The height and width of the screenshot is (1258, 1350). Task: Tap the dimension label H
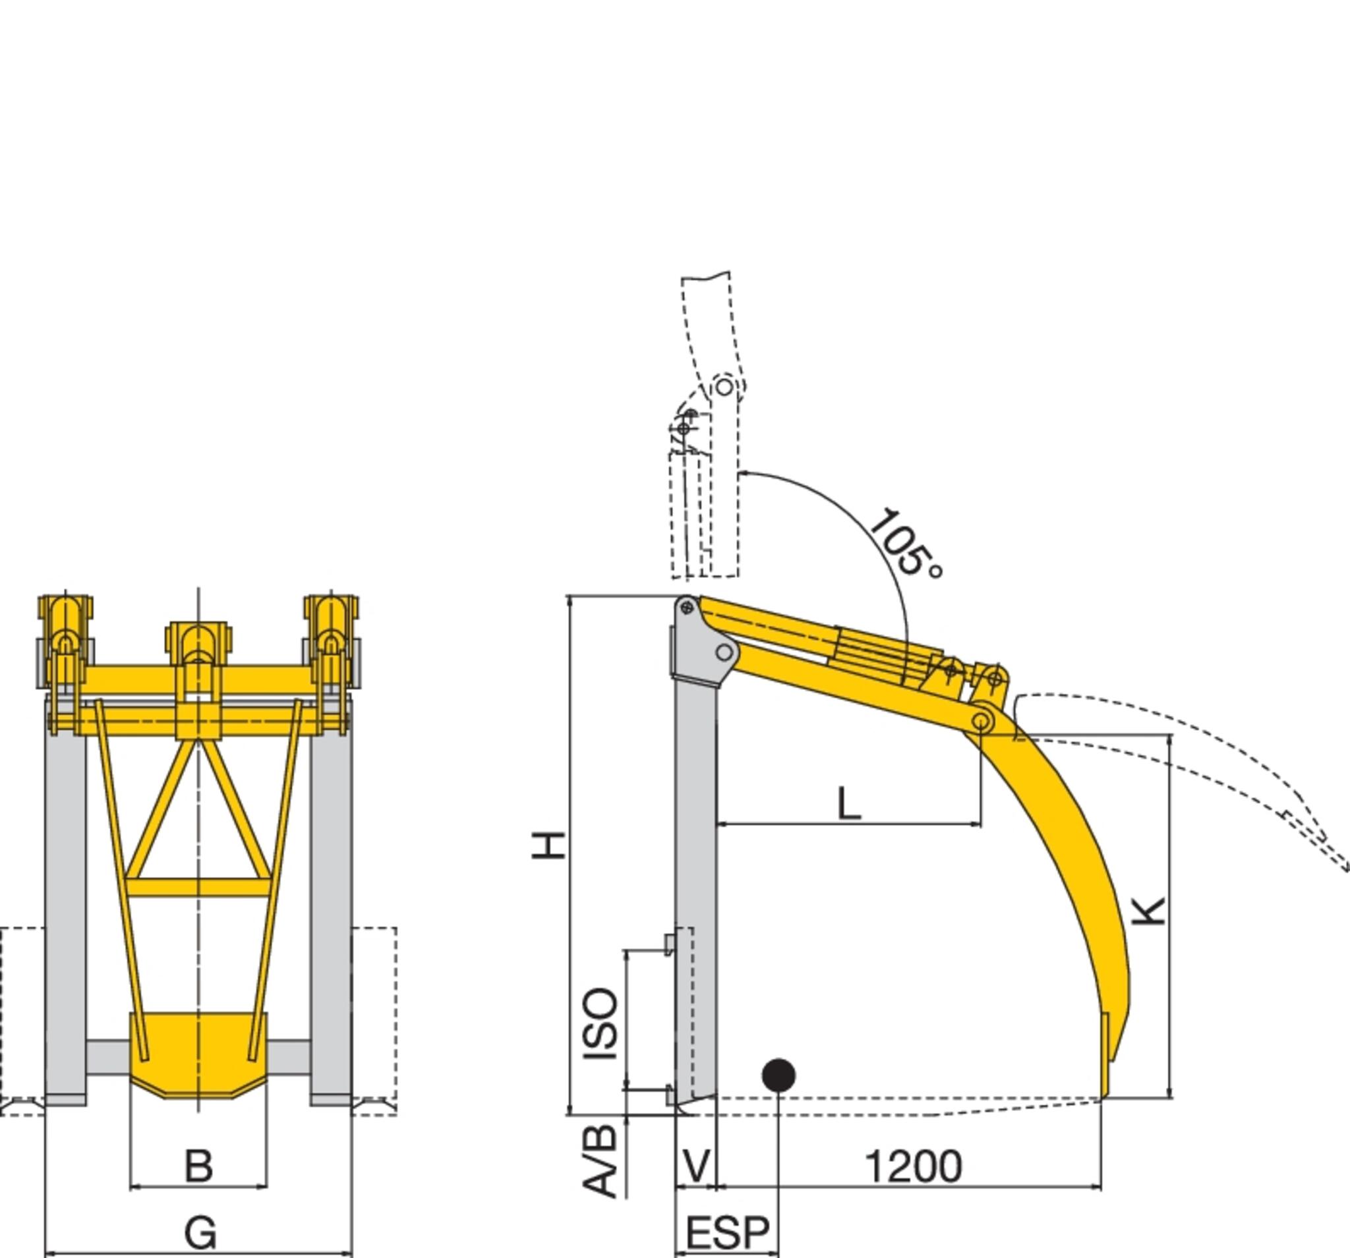pos(548,845)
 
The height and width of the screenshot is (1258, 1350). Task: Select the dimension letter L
pos(849,804)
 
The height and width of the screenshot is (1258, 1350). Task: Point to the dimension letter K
pos(1150,911)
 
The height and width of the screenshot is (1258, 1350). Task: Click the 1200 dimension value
pos(914,1166)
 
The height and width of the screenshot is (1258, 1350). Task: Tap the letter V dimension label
pos(697,1166)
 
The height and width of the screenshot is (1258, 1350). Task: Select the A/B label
pos(601,1161)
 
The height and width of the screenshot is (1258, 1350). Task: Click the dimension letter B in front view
pos(198,1166)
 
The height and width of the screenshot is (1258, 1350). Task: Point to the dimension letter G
pos(200,1232)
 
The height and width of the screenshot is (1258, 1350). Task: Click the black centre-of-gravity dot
pos(778,1075)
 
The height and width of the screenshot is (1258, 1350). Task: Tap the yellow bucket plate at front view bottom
pos(198,1052)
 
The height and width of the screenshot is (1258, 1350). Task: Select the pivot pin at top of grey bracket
pos(687,608)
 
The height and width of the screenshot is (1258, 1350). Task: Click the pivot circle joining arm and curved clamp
pos(981,721)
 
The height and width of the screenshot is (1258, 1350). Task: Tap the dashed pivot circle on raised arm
pos(724,387)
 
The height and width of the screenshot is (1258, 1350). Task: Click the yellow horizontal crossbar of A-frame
pos(198,887)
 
